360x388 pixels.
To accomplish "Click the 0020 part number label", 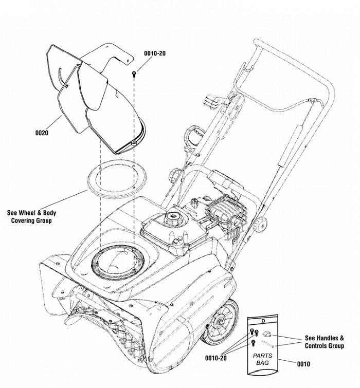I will click(x=42, y=133).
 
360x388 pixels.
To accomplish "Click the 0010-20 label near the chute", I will click(x=154, y=53).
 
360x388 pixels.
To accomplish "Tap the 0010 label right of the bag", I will click(x=303, y=364).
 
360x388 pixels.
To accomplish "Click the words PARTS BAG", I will click(x=262, y=359).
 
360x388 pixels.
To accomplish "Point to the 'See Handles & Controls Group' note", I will click(x=325, y=342).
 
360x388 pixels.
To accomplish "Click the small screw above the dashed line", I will click(x=134, y=73).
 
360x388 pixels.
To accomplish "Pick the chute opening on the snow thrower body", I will click(x=116, y=262).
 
